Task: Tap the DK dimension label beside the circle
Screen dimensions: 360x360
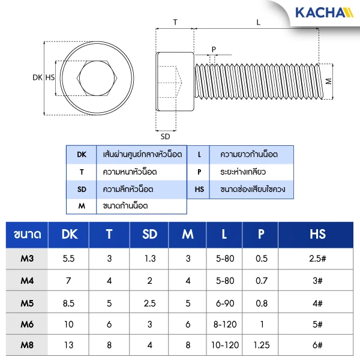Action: pyautogui.click(x=37, y=77)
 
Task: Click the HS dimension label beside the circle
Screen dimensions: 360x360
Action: pyautogui.click(x=50, y=77)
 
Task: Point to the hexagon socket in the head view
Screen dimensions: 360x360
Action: pyautogui.click(x=96, y=78)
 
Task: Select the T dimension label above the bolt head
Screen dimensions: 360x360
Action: pyautogui.click(x=175, y=22)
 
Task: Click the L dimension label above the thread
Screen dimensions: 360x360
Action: pyautogui.click(x=258, y=22)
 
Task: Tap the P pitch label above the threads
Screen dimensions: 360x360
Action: pyautogui.click(x=213, y=49)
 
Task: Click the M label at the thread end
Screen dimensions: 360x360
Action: pyautogui.click(x=328, y=80)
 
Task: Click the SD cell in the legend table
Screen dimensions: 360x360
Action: pyautogui.click(x=82, y=189)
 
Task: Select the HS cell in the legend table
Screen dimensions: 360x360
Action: pyautogui.click(x=199, y=189)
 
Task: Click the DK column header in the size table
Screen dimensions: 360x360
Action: pyautogui.click(x=70, y=234)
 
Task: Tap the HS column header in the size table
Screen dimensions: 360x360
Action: pyautogui.click(x=317, y=234)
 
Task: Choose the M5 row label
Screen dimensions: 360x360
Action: pyautogui.click(x=27, y=303)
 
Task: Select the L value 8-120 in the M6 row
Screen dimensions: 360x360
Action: pyautogui.click(x=224, y=325)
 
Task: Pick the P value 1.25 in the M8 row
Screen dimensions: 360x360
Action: pyautogui.click(x=261, y=346)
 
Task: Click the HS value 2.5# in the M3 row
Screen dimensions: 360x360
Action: pyautogui.click(x=317, y=259)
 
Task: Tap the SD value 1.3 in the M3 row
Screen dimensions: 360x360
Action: pyautogui.click(x=150, y=259)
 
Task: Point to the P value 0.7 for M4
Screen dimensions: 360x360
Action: pyautogui.click(x=262, y=281)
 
